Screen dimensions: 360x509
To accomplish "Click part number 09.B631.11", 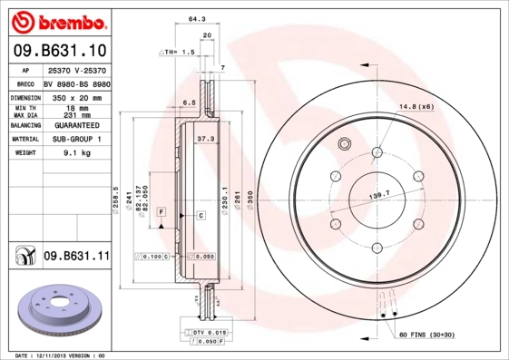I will pos(76,257).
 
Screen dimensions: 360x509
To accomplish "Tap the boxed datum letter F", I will pos(161,210).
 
